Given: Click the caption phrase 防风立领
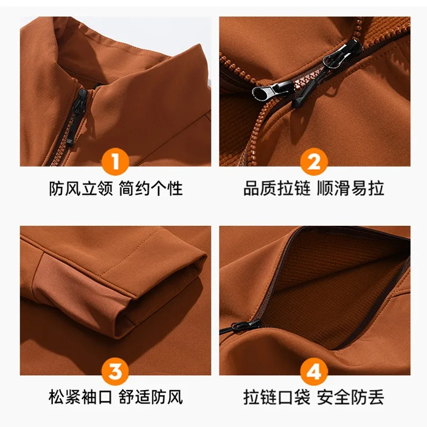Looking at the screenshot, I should [x=81, y=188].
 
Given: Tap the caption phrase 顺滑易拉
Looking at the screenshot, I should [x=351, y=188].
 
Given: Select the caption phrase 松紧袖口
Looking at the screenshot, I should [x=81, y=397].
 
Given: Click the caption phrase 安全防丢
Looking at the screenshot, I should [x=351, y=397].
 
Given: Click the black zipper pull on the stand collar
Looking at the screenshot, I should [x=82, y=104].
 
